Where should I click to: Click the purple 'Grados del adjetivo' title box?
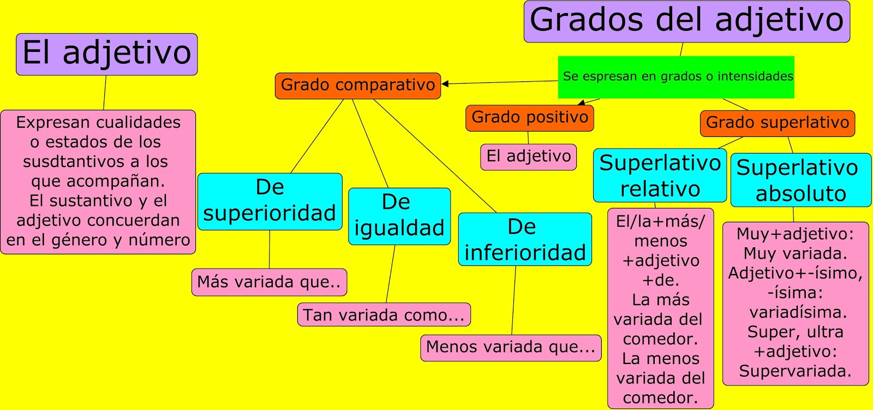[x=686, y=21]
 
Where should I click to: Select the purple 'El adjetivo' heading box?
[x=106, y=54]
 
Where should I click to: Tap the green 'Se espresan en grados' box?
[x=676, y=77]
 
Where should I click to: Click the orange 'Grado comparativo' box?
[x=357, y=86]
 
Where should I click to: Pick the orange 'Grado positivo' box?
[x=529, y=118]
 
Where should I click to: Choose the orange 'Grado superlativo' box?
[x=777, y=123]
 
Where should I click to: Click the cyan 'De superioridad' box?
[x=270, y=201]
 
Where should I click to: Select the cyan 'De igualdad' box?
[x=399, y=216]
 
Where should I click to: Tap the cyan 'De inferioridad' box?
[x=524, y=240]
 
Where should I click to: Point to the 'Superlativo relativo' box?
[x=660, y=176]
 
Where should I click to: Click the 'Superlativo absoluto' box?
[x=800, y=181]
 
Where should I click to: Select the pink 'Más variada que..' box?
[x=269, y=282]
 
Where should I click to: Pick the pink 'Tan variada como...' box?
[x=384, y=315]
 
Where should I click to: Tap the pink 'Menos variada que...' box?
[x=510, y=348]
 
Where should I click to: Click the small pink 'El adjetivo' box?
[x=528, y=157]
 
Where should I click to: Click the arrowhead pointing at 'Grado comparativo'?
[x=445, y=84]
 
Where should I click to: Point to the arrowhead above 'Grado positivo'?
[x=582, y=102]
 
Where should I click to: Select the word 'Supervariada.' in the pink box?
[x=795, y=372]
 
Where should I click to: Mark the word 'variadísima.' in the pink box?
[x=798, y=313]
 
